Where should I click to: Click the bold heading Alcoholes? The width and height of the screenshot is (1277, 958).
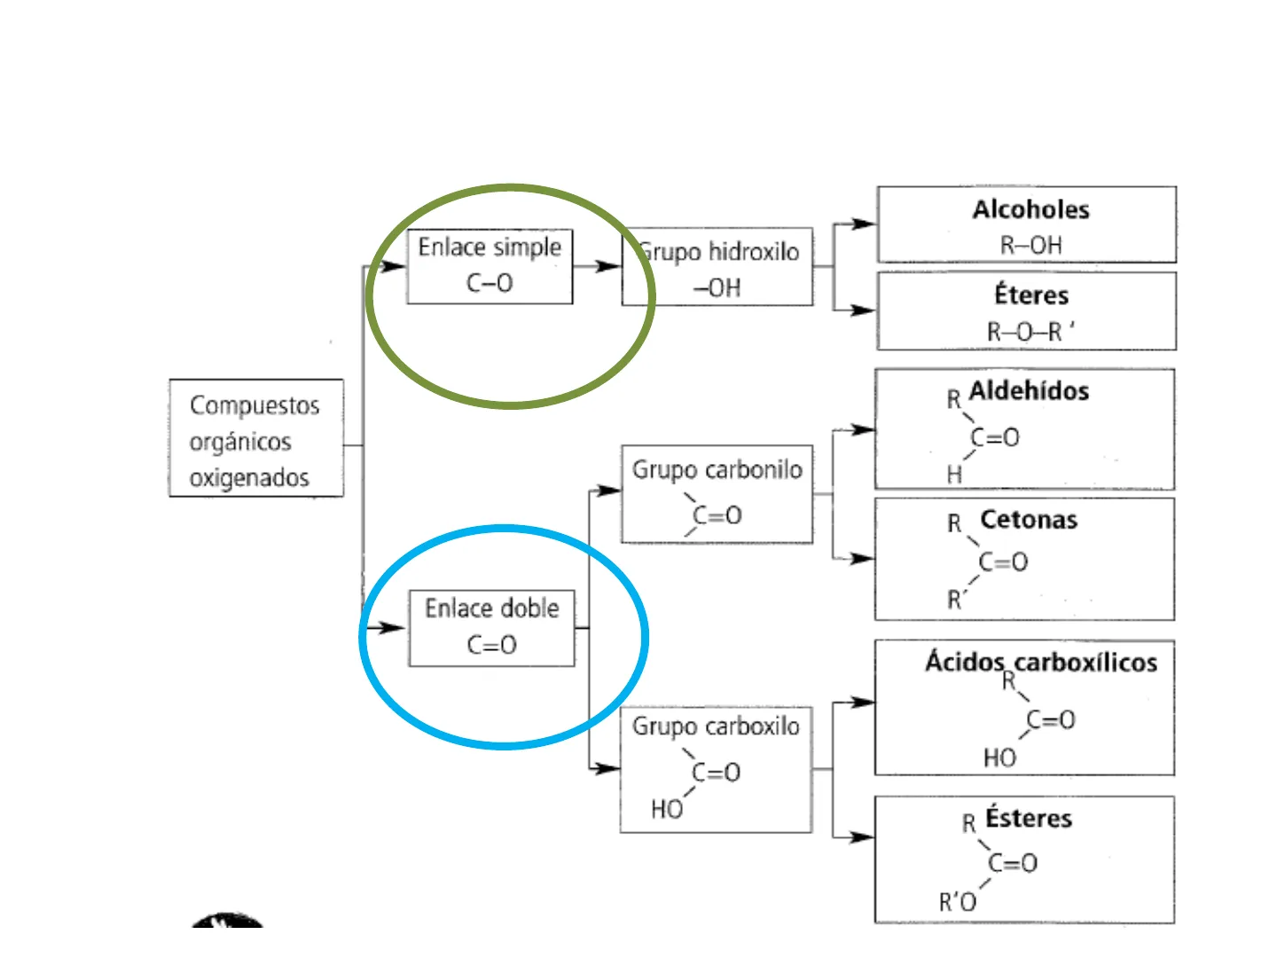tap(1030, 210)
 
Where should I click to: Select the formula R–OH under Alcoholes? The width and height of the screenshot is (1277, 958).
tap(1030, 245)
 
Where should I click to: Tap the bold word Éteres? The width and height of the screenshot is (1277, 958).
tap(1031, 294)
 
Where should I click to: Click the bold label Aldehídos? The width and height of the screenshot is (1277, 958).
tap(1029, 391)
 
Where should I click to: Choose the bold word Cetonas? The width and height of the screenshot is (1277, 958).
tap(1029, 520)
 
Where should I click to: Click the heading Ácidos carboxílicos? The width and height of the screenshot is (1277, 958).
tap(1041, 662)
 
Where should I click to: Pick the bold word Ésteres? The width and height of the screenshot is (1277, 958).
tap(1029, 818)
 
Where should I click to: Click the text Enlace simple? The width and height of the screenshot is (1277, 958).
tap(490, 247)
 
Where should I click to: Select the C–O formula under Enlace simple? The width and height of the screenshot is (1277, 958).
tap(490, 283)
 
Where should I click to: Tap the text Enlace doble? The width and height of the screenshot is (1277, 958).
tap(492, 609)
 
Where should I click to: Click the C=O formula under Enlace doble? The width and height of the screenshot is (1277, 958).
tap(492, 645)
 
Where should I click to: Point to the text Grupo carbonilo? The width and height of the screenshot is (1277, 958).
tap(717, 469)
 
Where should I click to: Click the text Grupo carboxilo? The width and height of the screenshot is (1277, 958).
tap(716, 726)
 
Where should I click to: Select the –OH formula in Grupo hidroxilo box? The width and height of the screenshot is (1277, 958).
tap(717, 288)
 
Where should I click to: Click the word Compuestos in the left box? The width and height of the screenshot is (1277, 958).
tap(255, 405)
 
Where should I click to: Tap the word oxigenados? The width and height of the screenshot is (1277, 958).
tap(249, 478)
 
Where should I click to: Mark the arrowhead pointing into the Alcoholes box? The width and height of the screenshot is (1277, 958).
tap(864, 224)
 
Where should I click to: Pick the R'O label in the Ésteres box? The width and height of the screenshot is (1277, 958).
tap(958, 902)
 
